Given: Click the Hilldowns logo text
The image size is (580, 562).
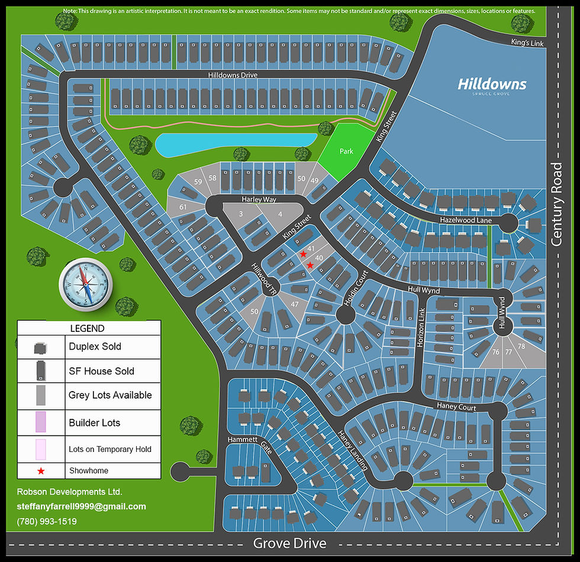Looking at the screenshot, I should [492, 84].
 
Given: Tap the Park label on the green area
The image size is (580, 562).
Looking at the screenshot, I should [346, 151].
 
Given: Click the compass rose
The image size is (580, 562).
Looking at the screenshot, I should [86, 284].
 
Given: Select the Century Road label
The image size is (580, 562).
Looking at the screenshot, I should [556, 204].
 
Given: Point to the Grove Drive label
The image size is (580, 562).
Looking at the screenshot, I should [289, 543].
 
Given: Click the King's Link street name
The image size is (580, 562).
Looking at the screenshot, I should [527, 43].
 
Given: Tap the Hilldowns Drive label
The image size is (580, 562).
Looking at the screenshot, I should [233, 76].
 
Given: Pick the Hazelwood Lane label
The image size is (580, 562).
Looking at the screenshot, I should [466, 219].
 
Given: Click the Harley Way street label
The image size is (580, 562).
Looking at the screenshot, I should [259, 199].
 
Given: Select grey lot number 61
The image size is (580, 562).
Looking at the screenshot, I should [183, 206].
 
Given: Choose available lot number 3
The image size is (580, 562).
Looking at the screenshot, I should [241, 214].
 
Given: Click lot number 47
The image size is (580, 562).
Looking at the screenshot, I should [294, 303].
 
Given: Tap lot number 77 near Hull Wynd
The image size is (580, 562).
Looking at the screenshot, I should [508, 351].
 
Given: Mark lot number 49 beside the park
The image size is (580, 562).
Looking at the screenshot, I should [314, 180].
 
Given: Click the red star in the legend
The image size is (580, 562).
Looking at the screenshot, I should [41, 471].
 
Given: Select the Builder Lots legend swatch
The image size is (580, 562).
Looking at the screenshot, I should [41, 422].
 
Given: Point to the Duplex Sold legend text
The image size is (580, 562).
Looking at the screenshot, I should [95, 347].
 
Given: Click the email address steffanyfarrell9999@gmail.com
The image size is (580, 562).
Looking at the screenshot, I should [81, 506].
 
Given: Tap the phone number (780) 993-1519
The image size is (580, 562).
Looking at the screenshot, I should [47, 521].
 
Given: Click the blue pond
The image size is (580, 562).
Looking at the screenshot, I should [236, 144].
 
